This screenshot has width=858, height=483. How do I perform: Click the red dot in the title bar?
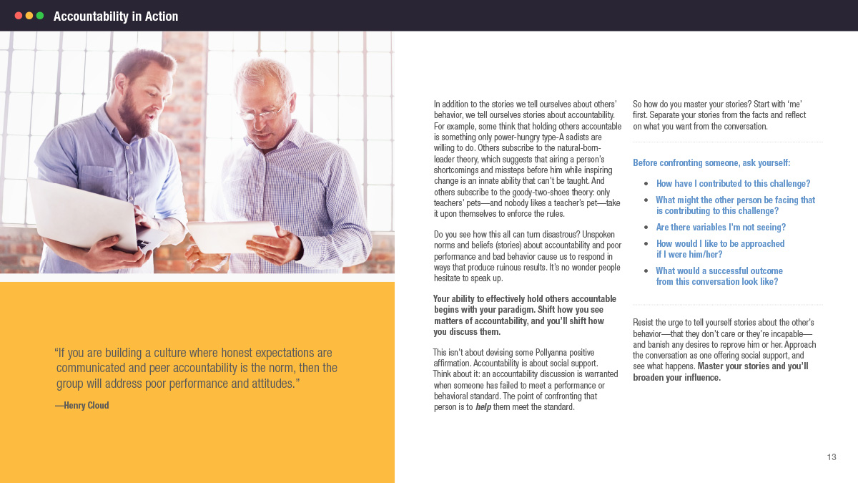19,16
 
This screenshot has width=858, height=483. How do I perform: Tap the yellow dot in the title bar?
29,16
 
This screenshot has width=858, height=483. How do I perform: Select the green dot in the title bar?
40,16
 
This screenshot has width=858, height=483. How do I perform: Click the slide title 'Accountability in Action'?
116,16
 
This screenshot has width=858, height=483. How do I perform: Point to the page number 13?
832,457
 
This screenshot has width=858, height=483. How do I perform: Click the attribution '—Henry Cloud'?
82,405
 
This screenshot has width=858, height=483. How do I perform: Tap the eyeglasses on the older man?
260,112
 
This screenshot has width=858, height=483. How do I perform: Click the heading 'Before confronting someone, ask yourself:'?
711,163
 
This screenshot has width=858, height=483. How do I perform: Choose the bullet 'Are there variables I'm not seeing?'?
721,228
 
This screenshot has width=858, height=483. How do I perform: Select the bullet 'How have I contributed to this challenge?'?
733,184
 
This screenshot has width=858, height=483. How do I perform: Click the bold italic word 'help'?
483,408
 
